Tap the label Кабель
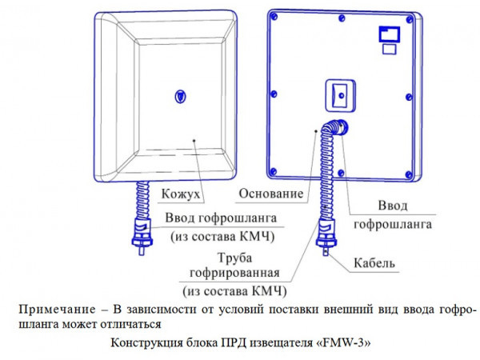(x=374, y=263)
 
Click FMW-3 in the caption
(x=346, y=342)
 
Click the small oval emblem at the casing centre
(x=178, y=96)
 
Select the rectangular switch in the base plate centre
(x=340, y=94)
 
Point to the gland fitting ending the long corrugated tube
(x=326, y=236)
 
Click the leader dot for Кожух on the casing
(x=194, y=140)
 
